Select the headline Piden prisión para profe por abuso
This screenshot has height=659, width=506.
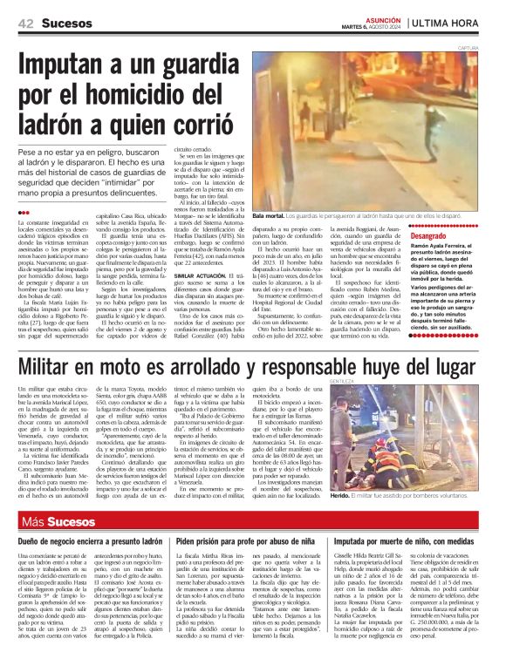click(252, 542)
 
